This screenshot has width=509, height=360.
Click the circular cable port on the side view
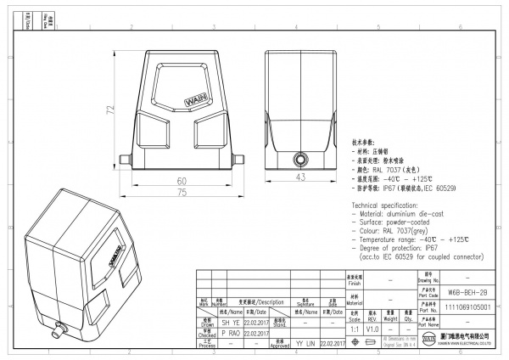[x=299, y=159]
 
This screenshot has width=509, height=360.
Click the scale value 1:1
[x=352, y=327]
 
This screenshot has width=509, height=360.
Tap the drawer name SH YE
[x=230, y=323]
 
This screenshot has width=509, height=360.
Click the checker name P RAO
[x=230, y=334]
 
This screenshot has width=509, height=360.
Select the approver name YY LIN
[x=305, y=344]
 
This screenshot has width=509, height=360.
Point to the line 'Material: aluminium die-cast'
[x=403, y=215]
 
